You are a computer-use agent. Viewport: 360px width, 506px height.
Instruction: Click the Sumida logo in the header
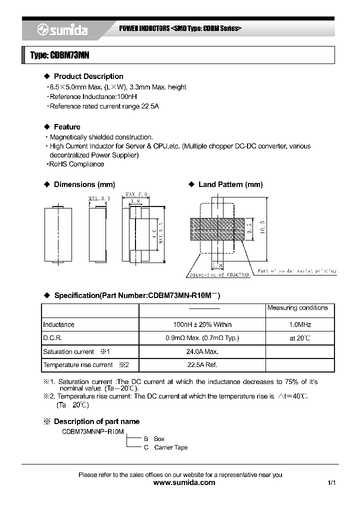[x=62, y=30]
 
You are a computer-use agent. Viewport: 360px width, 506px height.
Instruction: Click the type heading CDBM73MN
[x=59, y=55]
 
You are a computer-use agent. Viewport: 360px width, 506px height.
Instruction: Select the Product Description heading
[x=88, y=76]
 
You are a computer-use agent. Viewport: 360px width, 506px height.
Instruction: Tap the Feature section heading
[x=67, y=127]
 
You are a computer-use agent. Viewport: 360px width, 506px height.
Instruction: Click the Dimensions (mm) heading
[x=81, y=184]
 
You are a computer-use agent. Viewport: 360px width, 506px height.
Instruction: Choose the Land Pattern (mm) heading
[x=230, y=184]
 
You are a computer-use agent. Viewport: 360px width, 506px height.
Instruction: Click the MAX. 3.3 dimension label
[x=99, y=199]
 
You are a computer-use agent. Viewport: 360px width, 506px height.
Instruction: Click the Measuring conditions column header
[x=297, y=308]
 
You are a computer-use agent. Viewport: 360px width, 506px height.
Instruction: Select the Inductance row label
[x=58, y=324]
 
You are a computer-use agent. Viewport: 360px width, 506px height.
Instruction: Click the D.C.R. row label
[x=52, y=338]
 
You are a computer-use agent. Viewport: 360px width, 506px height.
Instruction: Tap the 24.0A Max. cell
[x=201, y=351]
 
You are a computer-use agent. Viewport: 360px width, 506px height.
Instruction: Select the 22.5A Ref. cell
[x=201, y=365]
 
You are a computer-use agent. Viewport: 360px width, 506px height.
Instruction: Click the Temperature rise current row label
[x=78, y=365]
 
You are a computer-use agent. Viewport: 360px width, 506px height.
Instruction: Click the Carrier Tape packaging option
[x=170, y=447]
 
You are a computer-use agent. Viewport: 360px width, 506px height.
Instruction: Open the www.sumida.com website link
[x=184, y=482]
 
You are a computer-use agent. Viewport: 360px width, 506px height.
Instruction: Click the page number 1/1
[x=331, y=483]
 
